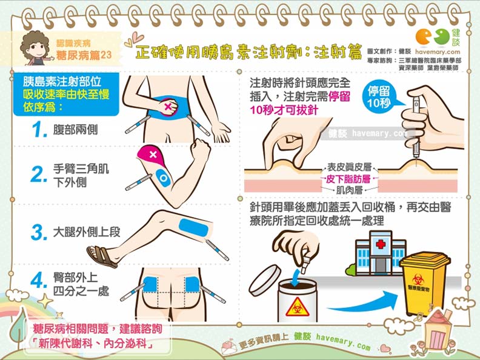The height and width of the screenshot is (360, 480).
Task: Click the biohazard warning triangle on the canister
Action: [297, 307]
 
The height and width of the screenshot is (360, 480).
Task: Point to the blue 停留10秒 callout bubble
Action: [382, 98]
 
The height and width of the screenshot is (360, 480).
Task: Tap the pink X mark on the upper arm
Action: [153, 155]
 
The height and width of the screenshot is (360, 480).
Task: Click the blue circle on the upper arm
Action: [163, 178]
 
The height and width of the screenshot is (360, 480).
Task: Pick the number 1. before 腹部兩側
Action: [41, 130]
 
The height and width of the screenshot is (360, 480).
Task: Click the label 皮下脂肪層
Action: [348, 178]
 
